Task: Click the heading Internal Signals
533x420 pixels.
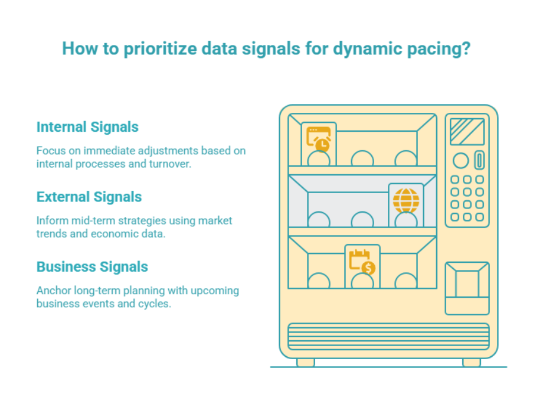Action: coord(87,127)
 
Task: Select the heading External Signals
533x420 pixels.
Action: coord(89,197)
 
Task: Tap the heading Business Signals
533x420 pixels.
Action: coord(92,266)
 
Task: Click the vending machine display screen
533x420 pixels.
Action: coord(467,132)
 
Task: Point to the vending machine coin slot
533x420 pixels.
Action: coord(479,160)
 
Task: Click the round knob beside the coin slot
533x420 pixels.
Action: coord(460,160)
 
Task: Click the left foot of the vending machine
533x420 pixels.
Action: coord(305,362)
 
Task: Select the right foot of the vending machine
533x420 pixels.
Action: coord(471,362)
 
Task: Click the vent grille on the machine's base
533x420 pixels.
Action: coord(388,337)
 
